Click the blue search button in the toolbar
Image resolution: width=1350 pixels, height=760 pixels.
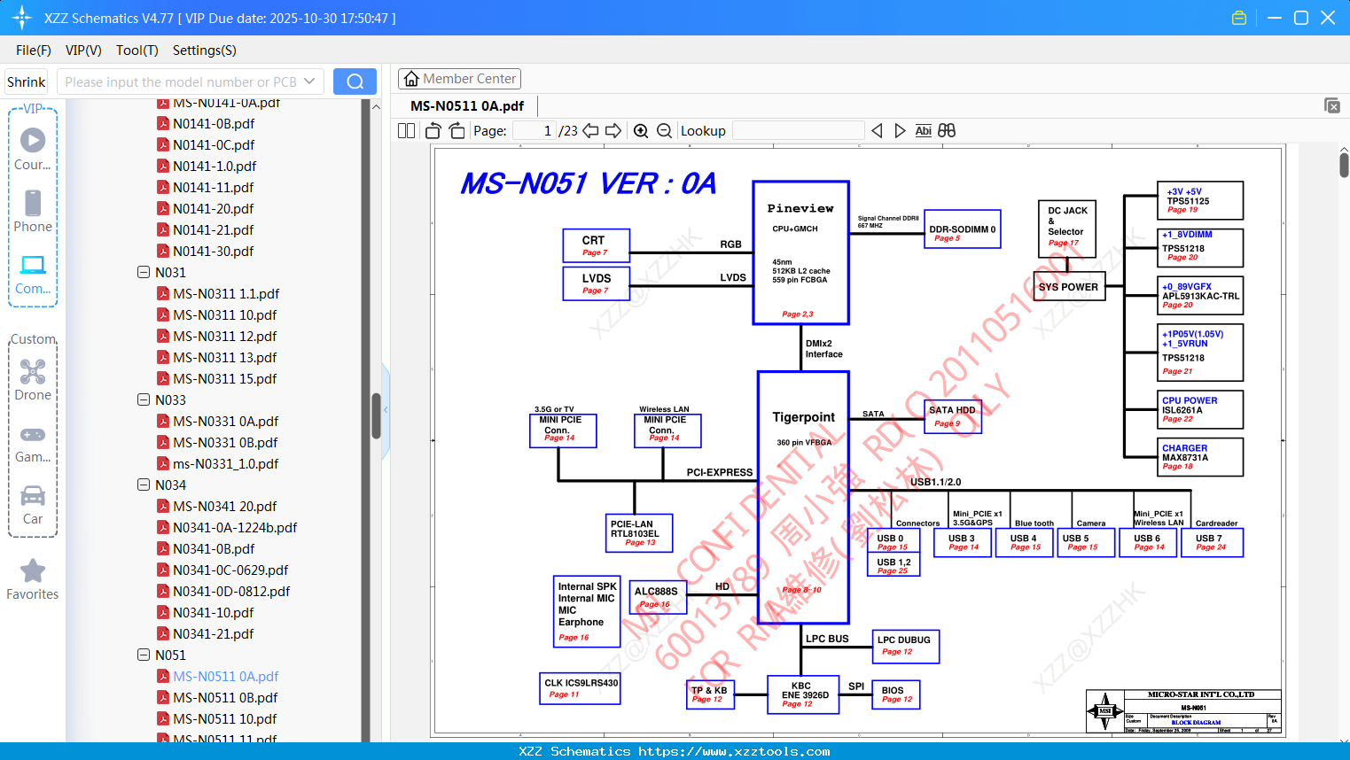355,81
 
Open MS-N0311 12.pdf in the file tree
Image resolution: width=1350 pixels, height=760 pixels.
224,337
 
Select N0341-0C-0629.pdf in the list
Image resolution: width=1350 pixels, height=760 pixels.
230,570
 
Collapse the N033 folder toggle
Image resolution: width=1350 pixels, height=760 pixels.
144,400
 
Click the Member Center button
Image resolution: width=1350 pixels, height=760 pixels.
459,79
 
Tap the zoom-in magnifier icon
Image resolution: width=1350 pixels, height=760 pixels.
641,131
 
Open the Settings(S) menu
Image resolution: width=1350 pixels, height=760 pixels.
204,50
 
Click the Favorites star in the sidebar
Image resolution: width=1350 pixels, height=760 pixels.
33,571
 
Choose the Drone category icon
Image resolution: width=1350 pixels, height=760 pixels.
33,372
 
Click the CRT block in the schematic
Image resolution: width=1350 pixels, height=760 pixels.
596,245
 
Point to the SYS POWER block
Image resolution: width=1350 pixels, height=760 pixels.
1068,287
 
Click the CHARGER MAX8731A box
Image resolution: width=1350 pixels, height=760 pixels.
1201,457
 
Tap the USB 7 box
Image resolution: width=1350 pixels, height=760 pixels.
1210,542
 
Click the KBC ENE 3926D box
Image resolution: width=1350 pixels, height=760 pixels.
803,694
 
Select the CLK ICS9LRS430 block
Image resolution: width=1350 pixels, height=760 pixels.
580,687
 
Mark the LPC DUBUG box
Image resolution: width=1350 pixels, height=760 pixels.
904,646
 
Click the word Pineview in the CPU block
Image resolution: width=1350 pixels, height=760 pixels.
800,209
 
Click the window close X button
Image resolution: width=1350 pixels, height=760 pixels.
1327,18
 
